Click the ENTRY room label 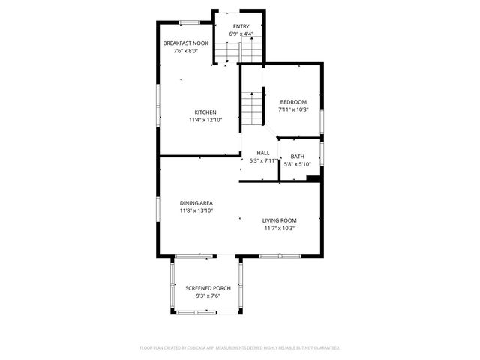tap(241, 27)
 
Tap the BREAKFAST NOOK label tap(181, 43)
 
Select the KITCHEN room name tap(205, 112)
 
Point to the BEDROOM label tap(293, 102)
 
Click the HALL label tap(262, 153)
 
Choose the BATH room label tap(298, 157)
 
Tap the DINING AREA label tap(196, 203)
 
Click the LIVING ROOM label tap(280, 220)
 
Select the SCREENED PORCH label tap(208, 288)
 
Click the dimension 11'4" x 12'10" tap(205, 120)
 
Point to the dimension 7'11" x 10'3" tap(293, 109)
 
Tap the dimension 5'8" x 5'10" tap(298, 164)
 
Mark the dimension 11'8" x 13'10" tap(196, 211)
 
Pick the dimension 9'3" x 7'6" tap(208, 295)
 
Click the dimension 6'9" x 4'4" tap(241, 34)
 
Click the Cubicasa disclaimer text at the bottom tap(240, 348)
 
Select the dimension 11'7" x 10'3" tap(280, 228)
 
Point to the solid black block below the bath tap(313, 178)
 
